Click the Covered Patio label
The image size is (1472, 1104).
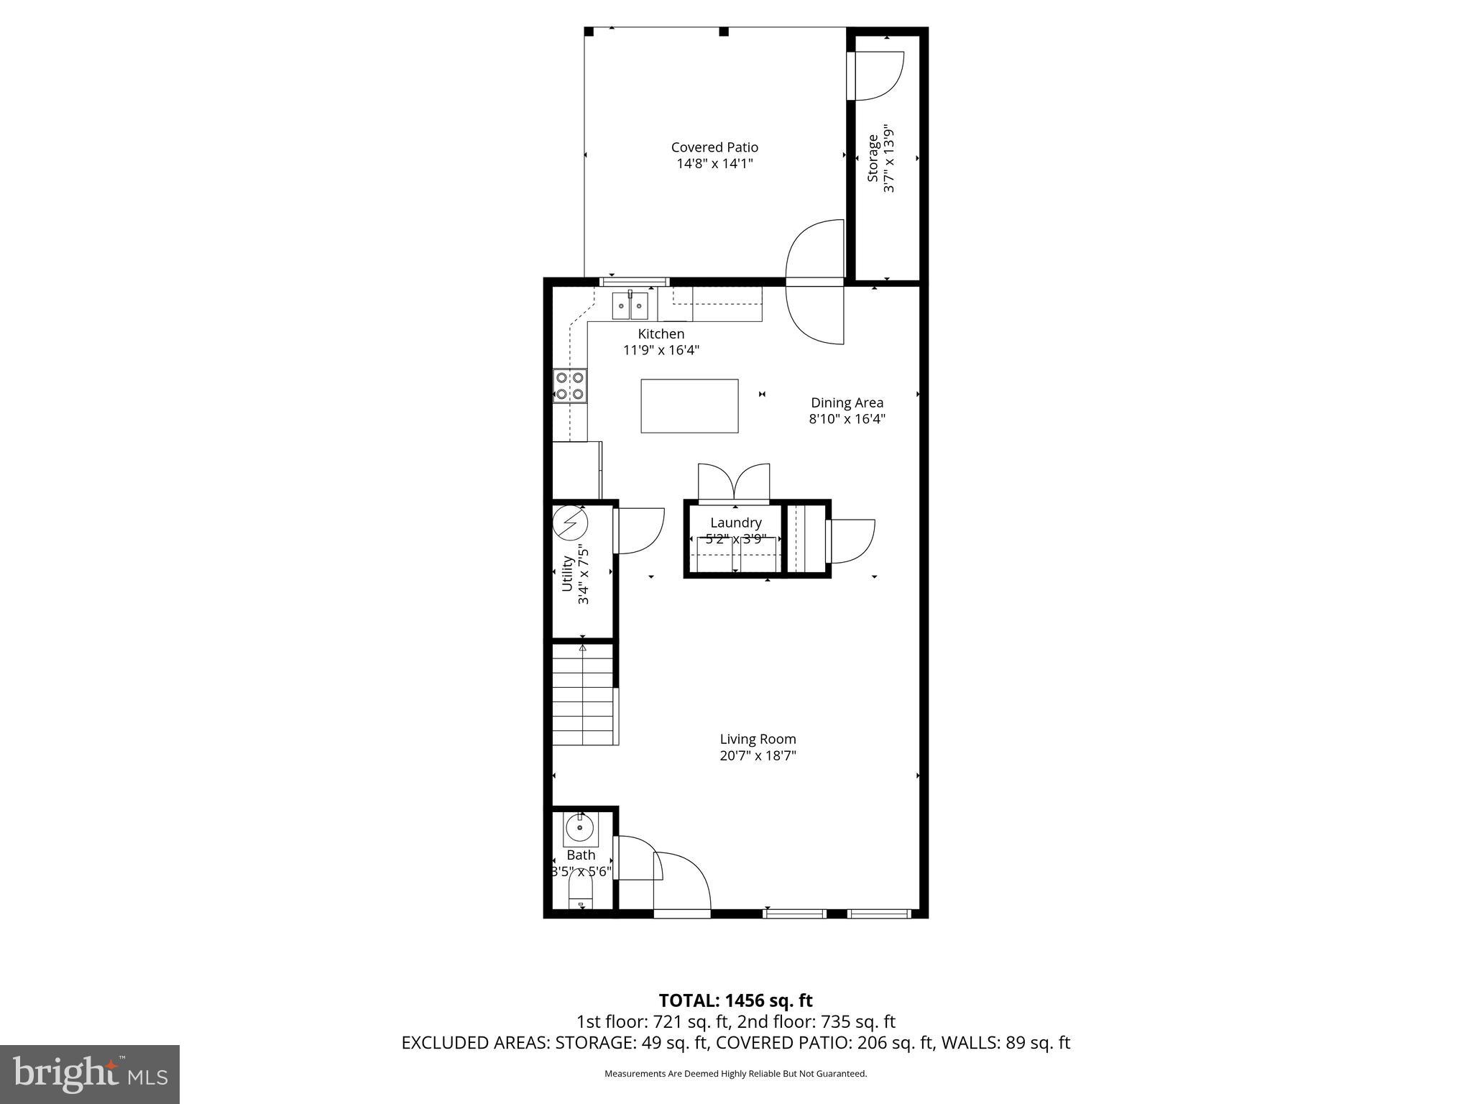coord(714,147)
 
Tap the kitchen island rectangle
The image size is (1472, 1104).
coord(689,406)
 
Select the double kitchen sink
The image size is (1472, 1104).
coord(630,305)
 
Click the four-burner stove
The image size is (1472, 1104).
coord(569,385)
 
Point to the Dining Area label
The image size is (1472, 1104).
coord(847,403)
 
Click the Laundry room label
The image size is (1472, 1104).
coord(735,523)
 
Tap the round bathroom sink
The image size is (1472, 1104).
coord(579,828)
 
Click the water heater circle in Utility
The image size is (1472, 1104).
coord(570,523)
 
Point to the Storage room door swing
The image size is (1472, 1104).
coord(877,75)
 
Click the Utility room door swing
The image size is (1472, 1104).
coord(639,530)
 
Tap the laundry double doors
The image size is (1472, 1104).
coord(734,482)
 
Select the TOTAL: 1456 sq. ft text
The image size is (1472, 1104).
coord(735,1000)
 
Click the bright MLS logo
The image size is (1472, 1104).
coord(90,1074)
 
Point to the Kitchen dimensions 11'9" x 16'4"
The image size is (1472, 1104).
coord(661,351)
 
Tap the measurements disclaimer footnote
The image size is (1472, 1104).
coord(735,1074)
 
